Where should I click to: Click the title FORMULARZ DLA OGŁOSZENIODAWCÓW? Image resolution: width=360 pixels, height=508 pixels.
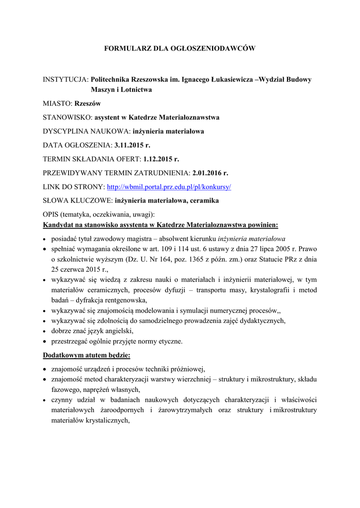(179, 48)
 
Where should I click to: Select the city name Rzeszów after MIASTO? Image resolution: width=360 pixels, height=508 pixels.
(87, 104)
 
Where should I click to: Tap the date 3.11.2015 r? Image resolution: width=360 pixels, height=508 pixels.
(132, 145)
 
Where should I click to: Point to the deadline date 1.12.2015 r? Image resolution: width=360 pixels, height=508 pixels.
(160, 159)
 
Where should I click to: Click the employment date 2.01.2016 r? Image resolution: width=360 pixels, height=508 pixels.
(211, 173)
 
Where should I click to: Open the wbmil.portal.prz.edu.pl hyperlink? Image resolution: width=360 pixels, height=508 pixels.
(169, 187)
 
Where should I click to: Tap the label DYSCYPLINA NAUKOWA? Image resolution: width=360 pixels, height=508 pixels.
(86, 131)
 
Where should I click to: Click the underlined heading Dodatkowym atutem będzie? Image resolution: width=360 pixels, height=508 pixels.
(87, 356)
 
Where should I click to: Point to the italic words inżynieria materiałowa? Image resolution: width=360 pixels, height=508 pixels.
(251, 238)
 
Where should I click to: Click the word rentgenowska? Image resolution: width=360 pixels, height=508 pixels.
(126, 300)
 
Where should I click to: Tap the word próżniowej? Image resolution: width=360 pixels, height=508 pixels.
(187, 369)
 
